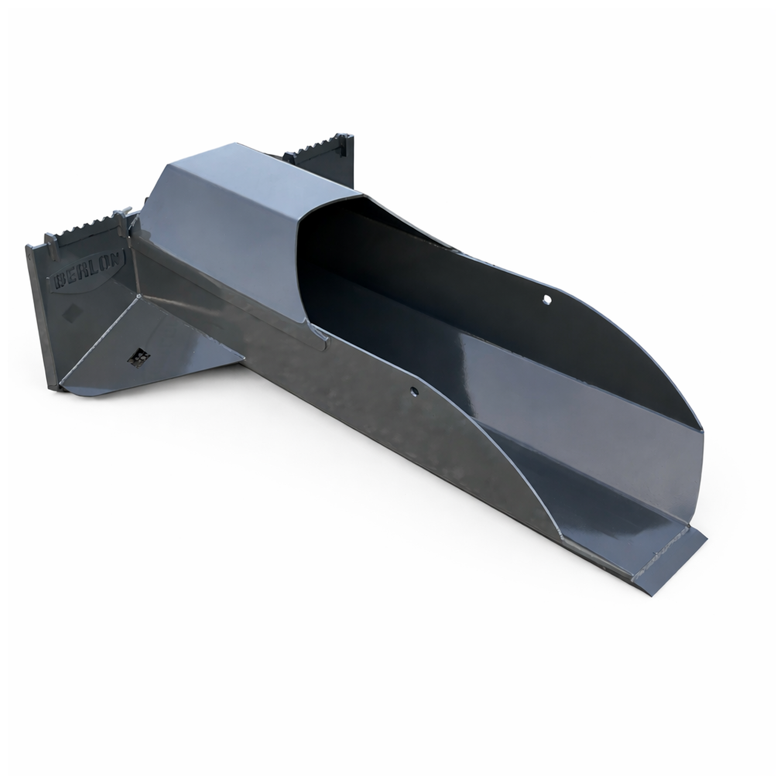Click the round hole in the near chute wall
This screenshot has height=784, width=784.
pos(415,391)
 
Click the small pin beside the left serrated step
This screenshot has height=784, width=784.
pos(121,216)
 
